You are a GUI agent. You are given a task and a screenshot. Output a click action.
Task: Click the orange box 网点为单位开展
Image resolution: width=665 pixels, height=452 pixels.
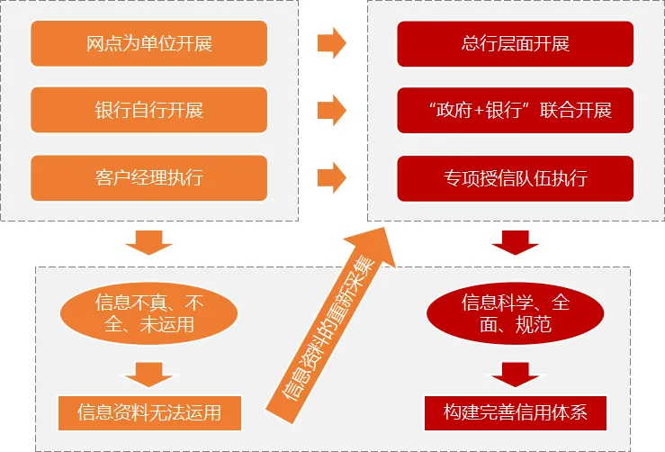point(149,43)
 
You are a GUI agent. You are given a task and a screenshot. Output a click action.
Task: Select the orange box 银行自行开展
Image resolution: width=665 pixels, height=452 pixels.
point(149,110)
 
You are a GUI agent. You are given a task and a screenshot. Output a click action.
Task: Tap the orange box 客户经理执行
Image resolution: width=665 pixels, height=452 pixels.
point(149,177)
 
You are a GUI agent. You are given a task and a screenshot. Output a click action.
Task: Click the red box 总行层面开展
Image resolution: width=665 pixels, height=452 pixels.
point(515,43)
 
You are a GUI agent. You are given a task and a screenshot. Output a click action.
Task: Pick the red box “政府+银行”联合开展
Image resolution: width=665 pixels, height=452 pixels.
point(515,110)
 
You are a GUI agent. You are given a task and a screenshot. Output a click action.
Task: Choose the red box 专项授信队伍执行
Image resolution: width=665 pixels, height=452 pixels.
point(515,177)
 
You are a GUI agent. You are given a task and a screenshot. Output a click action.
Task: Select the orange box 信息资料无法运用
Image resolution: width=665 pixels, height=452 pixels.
point(150,412)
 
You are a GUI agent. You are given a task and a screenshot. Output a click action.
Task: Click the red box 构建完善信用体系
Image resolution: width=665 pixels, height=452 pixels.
point(516,412)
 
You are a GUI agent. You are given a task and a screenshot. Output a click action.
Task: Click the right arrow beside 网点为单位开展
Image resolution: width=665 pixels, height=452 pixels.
point(332,42)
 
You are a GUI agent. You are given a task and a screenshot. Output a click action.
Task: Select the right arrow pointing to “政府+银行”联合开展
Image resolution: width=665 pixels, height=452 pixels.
point(332,110)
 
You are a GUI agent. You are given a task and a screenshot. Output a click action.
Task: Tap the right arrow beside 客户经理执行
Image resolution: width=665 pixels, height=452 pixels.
point(332,176)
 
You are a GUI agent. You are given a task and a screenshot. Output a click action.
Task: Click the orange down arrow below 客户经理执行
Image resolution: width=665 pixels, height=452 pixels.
point(148,242)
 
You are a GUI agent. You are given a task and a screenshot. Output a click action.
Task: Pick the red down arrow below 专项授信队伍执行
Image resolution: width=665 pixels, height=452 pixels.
point(515,242)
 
